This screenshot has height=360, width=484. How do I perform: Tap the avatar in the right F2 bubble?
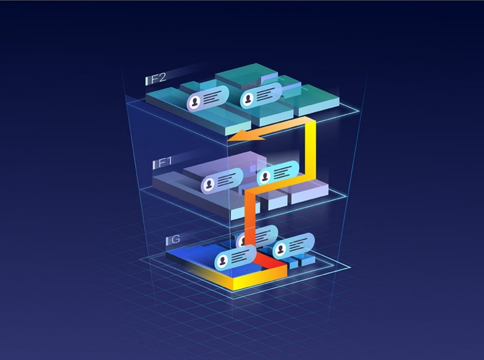click(x=248, y=99)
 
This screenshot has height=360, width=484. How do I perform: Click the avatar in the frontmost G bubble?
click(x=222, y=261)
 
